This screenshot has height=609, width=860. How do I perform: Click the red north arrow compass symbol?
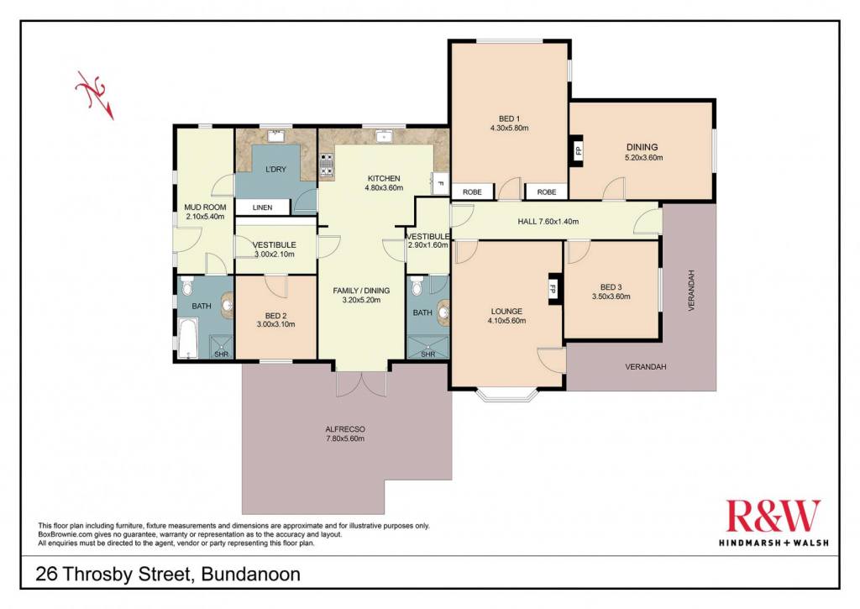click(95, 94)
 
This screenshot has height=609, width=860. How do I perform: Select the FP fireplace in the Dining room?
click(578, 150)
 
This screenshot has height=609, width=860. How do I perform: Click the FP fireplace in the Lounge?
click(553, 289)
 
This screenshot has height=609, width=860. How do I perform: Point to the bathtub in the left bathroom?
click(187, 338)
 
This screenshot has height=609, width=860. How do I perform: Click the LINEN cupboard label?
click(262, 207)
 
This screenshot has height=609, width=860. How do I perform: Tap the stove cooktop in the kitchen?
click(327, 166)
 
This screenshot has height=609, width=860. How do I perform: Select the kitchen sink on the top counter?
click(384, 136)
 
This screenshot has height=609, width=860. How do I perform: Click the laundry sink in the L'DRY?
click(275, 136)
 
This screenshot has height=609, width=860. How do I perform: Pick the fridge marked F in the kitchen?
click(439, 183)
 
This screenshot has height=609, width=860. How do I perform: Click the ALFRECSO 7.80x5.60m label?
click(345, 434)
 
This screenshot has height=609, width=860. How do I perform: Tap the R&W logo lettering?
click(773, 516)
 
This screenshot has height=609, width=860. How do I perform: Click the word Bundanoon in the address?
click(251, 575)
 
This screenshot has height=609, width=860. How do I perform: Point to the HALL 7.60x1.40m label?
click(548, 222)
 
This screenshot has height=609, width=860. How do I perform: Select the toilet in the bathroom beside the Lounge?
click(417, 286)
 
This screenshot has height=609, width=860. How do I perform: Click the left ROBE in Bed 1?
click(472, 192)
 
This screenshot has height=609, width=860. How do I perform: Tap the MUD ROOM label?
click(205, 207)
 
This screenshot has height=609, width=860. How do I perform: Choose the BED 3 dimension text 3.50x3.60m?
click(611, 297)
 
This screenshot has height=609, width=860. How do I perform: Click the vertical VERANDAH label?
click(691, 291)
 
